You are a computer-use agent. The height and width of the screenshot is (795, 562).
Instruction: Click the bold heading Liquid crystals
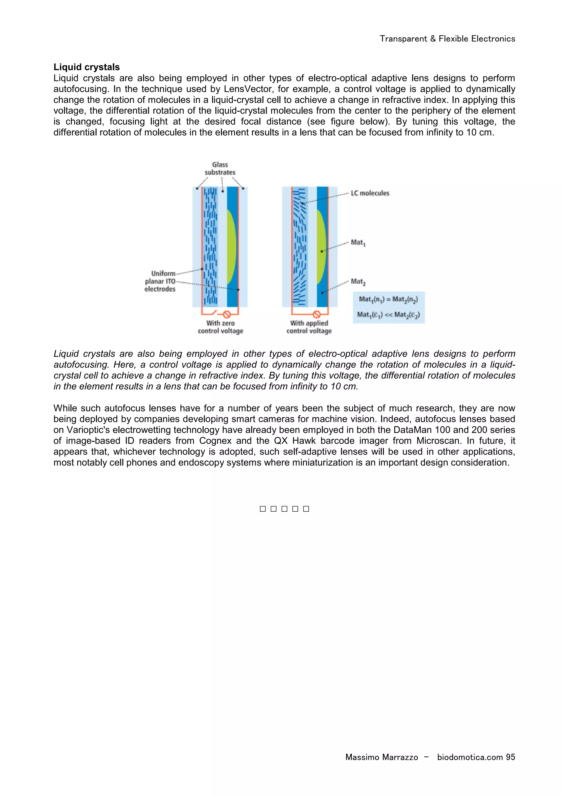click(86, 67)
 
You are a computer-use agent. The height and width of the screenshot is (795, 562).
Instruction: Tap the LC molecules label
click(370, 193)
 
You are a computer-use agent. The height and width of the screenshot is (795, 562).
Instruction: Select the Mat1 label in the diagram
click(358, 243)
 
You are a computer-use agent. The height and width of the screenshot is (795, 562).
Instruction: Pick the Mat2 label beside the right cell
click(358, 282)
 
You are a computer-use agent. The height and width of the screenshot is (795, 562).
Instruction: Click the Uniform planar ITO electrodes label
click(160, 281)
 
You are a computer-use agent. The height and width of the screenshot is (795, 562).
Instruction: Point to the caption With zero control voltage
click(221, 327)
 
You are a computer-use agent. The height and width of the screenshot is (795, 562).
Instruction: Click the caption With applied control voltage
click(309, 327)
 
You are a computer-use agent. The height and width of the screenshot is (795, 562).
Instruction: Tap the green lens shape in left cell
click(231, 247)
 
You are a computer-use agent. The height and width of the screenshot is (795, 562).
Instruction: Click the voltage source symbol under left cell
click(227, 314)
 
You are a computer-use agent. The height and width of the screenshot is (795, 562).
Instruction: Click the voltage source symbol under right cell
click(316, 314)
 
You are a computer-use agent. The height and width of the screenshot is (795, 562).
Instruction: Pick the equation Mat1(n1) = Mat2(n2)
click(388, 299)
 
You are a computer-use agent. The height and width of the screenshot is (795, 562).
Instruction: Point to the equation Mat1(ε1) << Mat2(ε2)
click(388, 315)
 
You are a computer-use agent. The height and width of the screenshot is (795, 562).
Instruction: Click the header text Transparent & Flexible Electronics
click(447, 39)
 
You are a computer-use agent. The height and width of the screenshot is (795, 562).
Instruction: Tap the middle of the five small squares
click(284, 509)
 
